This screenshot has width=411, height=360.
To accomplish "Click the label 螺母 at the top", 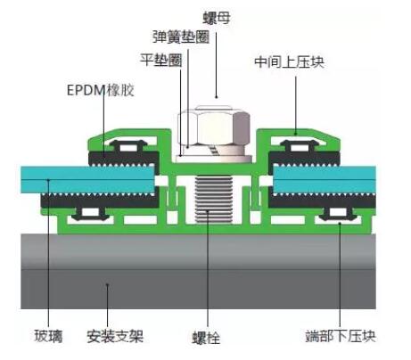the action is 217,18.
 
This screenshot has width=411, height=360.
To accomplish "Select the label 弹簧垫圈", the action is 181,37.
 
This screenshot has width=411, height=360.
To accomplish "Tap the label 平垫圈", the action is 161,61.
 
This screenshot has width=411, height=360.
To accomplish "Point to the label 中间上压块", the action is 289,62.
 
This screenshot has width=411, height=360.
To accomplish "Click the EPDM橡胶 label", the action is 101,90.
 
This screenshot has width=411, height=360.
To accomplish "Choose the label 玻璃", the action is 48,337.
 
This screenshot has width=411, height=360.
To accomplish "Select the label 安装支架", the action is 115,337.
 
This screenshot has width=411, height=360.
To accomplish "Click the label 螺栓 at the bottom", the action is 206,338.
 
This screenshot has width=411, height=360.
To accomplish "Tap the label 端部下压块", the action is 341,336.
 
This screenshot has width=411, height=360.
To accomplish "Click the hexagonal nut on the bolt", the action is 214,127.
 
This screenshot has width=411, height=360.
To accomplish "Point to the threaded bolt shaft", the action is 213,200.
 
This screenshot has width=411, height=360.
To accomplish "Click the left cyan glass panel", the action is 88,179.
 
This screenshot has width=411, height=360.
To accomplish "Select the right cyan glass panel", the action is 325,179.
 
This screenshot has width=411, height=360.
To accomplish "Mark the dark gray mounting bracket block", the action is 198,271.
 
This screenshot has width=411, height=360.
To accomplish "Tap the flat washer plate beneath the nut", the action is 214,159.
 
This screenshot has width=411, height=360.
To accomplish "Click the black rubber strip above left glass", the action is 124,159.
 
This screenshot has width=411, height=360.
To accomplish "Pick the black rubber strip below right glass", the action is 323,200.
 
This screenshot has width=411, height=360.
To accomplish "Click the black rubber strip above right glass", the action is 304,159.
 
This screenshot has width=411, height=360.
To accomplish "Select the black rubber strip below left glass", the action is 101,200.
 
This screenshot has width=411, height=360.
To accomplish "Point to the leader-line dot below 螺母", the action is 216,97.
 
